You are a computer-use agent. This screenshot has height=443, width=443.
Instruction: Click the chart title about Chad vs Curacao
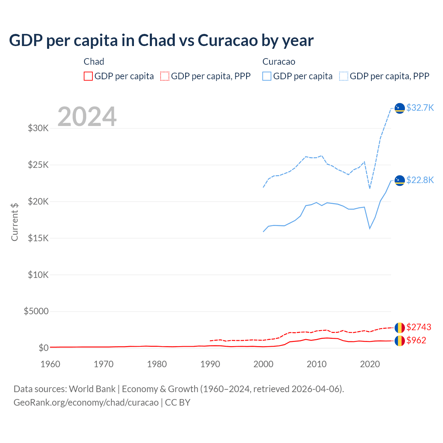tap(161, 40)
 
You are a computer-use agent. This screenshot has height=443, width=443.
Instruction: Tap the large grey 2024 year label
tap(87, 117)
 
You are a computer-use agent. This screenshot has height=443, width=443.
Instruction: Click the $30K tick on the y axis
tap(38, 128)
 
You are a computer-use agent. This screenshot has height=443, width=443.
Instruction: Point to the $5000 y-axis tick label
tap(36, 311)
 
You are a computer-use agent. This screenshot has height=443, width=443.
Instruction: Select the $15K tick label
tap(38, 238)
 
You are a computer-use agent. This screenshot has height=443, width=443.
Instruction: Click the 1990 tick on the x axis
tap(210, 364)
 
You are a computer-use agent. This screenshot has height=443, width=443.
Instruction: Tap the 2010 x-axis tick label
tap(317, 364)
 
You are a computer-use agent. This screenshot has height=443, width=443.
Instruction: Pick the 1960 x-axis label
tap(51, 364)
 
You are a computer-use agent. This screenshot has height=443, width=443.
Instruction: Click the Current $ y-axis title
tap(15, 222)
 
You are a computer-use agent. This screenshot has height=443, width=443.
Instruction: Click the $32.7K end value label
tap(420, 108)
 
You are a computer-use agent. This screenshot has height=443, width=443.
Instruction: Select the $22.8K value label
tap(420, 180)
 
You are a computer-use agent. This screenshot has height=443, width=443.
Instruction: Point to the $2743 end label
tap(419, 327)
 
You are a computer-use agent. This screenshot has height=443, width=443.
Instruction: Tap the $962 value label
tap(416, 340)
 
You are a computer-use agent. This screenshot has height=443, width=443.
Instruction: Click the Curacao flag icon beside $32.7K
tap(400, 108)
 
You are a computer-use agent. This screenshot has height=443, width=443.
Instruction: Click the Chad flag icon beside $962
tap(400, 341)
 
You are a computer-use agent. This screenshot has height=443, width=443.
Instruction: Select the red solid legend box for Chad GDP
tap(88, 76)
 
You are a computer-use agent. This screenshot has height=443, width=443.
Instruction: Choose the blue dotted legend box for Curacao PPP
tap(344, 76)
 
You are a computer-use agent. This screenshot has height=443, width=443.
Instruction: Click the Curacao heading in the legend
tap(279, 62)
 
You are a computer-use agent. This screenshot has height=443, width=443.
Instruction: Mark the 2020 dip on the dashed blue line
tap(370, 188)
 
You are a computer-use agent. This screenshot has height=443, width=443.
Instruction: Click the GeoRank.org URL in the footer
tap(86, 403)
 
